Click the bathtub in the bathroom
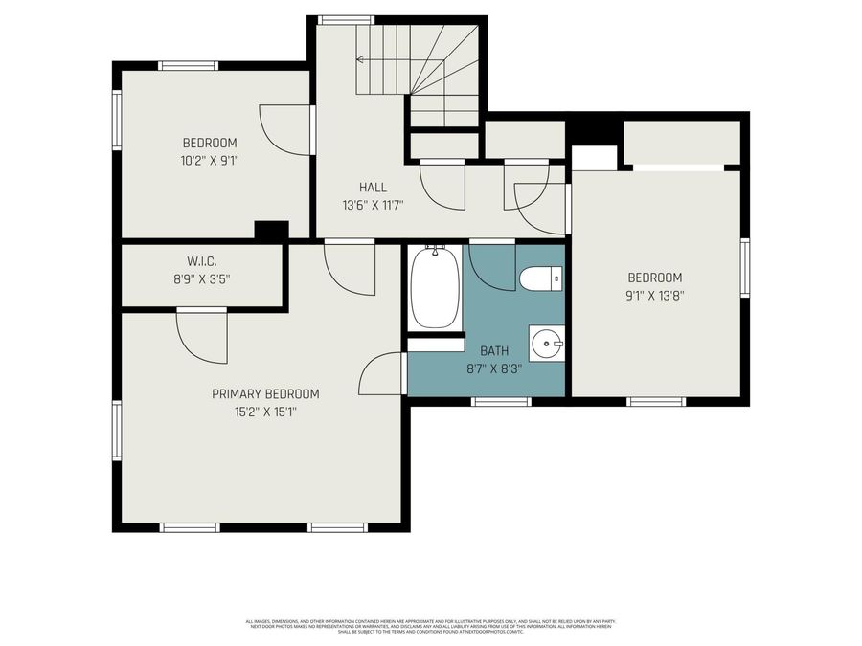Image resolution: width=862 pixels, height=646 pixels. pyautogui.click(x=435, y=286)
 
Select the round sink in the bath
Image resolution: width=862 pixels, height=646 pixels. pyautogui.click(x=548, y=342)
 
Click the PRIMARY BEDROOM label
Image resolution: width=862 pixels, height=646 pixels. pyautogui.click(x=265, y=393)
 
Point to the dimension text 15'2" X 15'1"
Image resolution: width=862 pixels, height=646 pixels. pyautogui.click(x=265, y=412)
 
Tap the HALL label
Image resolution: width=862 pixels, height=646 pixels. pyautogui.click(x=373, y=187)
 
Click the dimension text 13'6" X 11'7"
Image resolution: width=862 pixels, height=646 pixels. pyautogui.click(x=373, y=205)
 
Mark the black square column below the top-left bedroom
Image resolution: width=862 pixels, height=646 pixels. pyautogui.click(x=271, y=230)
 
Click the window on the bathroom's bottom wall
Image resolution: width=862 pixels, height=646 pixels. pyautogui.click(x=501, y=402)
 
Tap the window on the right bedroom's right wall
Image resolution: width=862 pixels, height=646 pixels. pyautogui.click(x=744, y=268)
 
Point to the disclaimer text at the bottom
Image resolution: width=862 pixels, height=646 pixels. pyautogui.click(x=430, y=625)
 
